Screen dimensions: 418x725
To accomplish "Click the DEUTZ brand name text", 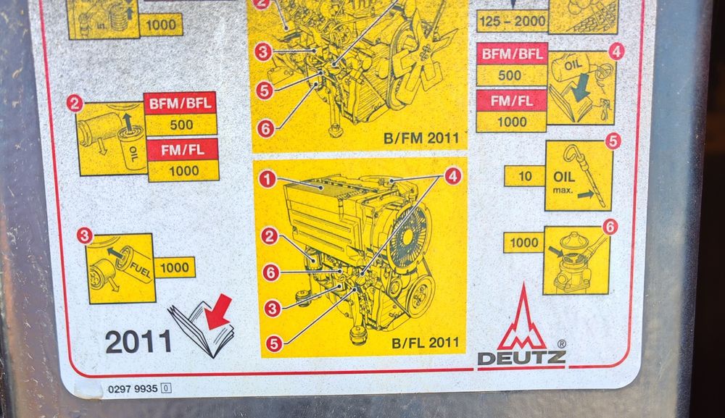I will (x=521, y=357).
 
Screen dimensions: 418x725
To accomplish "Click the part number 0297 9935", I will (x=133, y=388).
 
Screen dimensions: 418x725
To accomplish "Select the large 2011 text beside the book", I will (x=138, y=340).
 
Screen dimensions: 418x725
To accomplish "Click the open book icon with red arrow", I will (x=204, y=327).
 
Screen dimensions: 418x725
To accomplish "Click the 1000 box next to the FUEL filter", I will (x=174, y=267).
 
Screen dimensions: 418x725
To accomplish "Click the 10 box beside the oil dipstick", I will (x=524, y=176).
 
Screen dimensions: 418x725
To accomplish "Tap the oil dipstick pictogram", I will (x=579, y=175).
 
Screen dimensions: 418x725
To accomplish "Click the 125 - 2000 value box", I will (x=512, y=21).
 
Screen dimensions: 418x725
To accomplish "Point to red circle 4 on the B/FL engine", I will (x=453, y=175).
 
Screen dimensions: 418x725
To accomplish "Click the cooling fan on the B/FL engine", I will (x=410, y=239).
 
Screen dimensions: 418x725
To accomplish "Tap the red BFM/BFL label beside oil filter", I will (x=181, y=103).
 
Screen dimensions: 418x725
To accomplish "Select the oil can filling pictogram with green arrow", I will (x=581, y=88).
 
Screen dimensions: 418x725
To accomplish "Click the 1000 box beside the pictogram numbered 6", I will (x=523, y=243).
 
